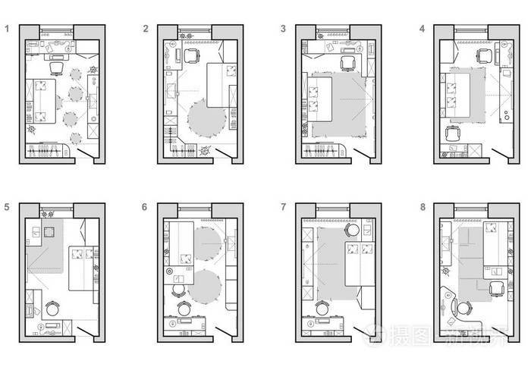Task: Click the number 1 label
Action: (x=8, y=30)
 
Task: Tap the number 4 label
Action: (x=422, y=30)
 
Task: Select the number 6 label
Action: (x=145, y=206)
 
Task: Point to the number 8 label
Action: (x=422, y=206)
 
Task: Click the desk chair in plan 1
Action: (x=55, y=69)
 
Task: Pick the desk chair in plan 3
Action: (x=347, y=63)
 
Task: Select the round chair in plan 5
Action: (x=53, y=309)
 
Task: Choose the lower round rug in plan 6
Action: (x=203, y=287)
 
